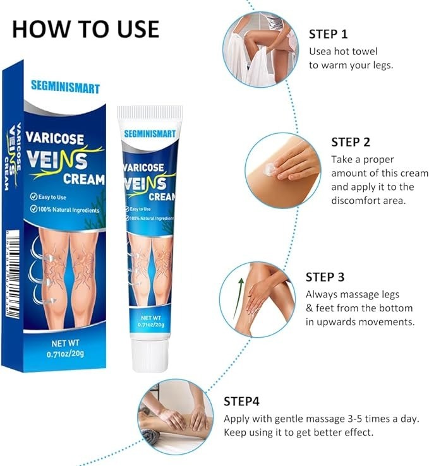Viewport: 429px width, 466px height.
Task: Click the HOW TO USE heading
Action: pyautogui.click(x=85, y=28)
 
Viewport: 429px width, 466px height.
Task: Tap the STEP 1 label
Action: pyautogui.click(x=329, y=34)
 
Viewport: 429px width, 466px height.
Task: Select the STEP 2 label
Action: pyautogui.click(x=351, y=142)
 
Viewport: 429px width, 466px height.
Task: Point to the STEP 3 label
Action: pyautogui.click(x=325, y=277)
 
